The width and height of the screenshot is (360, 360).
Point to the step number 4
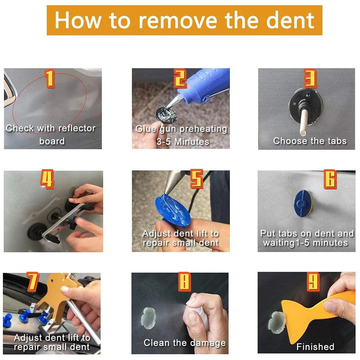point(47,180)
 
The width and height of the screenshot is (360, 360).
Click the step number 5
point(197,179)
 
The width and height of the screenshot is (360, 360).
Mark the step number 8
point(184,282)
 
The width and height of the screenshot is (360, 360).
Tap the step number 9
point(313,282)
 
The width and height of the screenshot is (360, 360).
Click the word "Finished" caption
point(315,347)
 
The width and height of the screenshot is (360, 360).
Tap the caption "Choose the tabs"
point(310,141)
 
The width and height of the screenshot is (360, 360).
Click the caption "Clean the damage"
point(185,343)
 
